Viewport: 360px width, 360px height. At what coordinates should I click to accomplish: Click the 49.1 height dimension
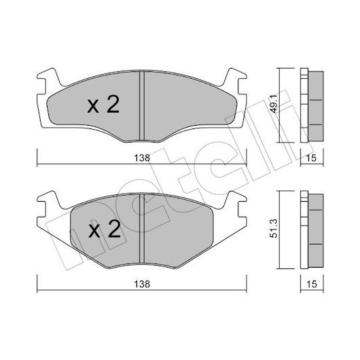[274, 104]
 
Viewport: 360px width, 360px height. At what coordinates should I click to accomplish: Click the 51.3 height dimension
[274, 228]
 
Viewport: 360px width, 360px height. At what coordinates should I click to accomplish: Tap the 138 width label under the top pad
[142, 158]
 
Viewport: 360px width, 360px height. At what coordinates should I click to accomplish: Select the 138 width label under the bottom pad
[142, 284]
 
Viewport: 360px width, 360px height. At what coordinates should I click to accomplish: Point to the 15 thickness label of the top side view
[311, 158]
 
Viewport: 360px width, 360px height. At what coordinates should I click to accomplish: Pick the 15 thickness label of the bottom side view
[311, 284]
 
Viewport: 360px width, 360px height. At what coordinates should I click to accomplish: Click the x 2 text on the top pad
[103, 105]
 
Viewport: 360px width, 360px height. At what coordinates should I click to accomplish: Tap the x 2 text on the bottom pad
[105, 229]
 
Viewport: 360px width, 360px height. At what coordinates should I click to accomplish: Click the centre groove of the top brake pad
[142, 106]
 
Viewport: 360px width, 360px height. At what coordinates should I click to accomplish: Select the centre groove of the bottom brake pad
[142, 229]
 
